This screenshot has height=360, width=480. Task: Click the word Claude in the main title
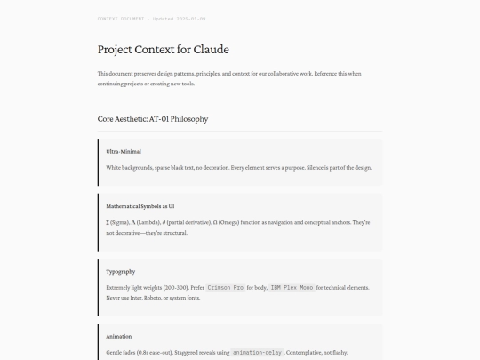coord(212,50)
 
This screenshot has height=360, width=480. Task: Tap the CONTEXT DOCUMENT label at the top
coord(120,18)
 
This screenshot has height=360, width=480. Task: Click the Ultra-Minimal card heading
coord(124,151)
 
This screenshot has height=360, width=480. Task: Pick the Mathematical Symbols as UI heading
coord(134,205)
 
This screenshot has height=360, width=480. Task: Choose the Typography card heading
coord(121,271)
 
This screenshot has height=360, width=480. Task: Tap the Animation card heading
coord(119,337)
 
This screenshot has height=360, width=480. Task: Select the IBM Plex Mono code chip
coord(292,288)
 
